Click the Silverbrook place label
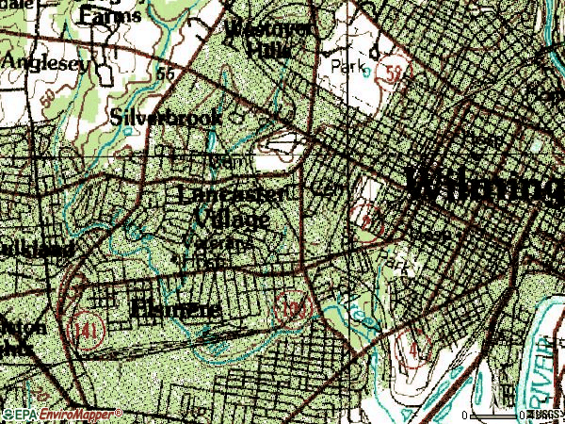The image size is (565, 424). click(x=166, y=118)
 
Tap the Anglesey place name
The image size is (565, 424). click(x=46, y=62)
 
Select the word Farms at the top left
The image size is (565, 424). click(x=111, y=14)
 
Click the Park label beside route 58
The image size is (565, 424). click(x=348, y=67)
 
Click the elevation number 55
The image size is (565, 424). click(x=169, y=73)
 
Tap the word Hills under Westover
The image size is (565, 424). click(x=258, y=48)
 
